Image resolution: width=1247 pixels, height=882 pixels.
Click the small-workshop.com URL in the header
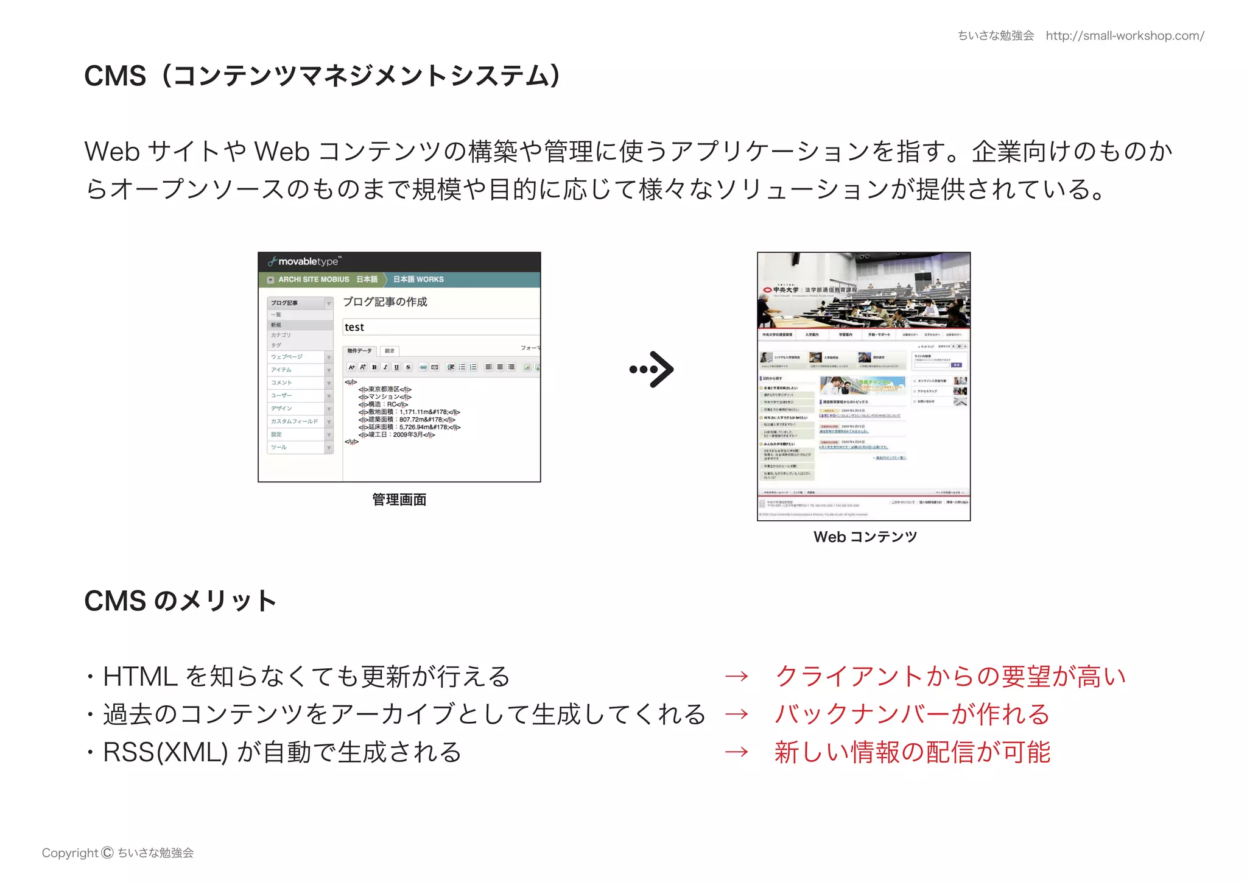[1125, 36]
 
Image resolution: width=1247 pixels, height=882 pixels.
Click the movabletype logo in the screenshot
[304, 261]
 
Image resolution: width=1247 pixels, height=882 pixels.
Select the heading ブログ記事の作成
[385, 302]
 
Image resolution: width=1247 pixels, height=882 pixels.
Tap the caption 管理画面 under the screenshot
[399, 499]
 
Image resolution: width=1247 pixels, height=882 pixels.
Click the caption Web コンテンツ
[865, 537]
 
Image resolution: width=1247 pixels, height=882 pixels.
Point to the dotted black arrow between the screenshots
[652, 369]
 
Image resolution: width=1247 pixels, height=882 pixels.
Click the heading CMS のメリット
[180, 601]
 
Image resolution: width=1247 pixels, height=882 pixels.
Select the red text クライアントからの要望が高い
[950, 676]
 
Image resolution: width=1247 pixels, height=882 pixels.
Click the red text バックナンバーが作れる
[912, 714]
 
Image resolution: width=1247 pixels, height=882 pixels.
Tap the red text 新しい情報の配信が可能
[912, 752]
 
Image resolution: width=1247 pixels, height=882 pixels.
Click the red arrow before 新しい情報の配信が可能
[736, 752]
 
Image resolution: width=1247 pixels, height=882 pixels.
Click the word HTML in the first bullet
[140, 676]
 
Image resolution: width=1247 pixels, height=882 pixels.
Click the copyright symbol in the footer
[107, 853]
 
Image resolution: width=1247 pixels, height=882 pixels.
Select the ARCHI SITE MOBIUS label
[314, 280]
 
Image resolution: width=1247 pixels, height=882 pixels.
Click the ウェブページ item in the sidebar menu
[287, 357]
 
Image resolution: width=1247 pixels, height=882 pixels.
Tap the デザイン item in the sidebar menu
[281, 408]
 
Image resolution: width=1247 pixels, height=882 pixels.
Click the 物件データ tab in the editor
[359, 351]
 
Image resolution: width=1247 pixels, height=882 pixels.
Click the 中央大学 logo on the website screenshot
[781, 290]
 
